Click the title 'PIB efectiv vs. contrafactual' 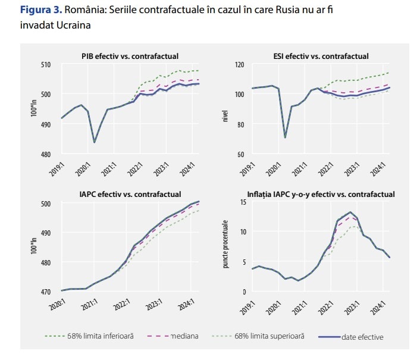(130, 56)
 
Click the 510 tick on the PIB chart (45, 65)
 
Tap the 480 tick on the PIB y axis (45, 155)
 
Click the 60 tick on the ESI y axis (242, 155)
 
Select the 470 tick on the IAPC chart (45, 292)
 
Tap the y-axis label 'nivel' (225, 109)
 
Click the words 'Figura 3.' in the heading (39, 10)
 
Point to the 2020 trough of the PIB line (95, 142)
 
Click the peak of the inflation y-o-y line (350, 212)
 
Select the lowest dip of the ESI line (285, 137)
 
